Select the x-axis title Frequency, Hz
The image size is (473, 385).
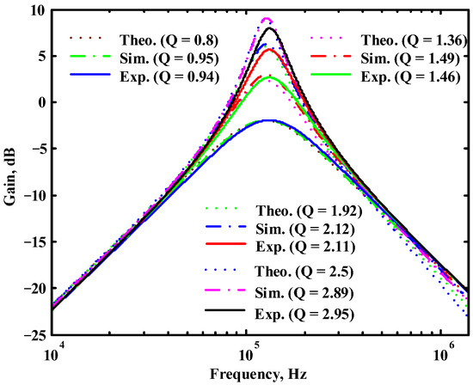[x=259, y=375]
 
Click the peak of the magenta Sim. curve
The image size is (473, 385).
[x=267, y=19]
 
